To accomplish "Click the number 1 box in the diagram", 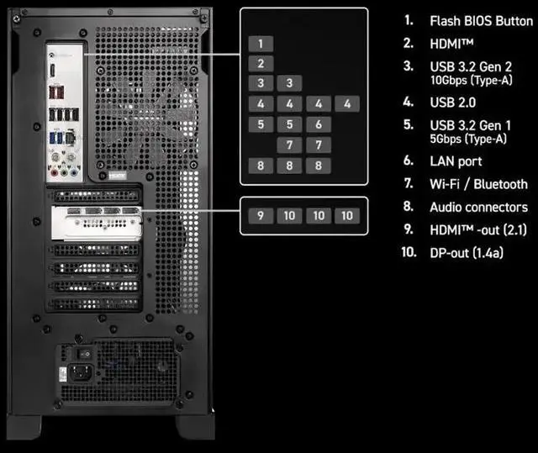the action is click(261, 43).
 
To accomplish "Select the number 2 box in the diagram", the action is click(261, 63).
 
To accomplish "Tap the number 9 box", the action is click(261, 215).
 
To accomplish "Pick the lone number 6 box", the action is click(318, 124).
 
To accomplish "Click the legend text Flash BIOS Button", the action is click(481, 21).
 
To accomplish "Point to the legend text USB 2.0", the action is click(451, 102).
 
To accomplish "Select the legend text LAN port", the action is click(456, 161).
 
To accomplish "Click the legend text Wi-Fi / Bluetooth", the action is click(478, 184).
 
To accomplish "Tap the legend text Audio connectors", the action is click(478, 207).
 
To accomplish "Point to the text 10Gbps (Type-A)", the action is click(468, 80).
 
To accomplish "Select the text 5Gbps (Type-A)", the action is click(468, 139).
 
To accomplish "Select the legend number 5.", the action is click(409, 125).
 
